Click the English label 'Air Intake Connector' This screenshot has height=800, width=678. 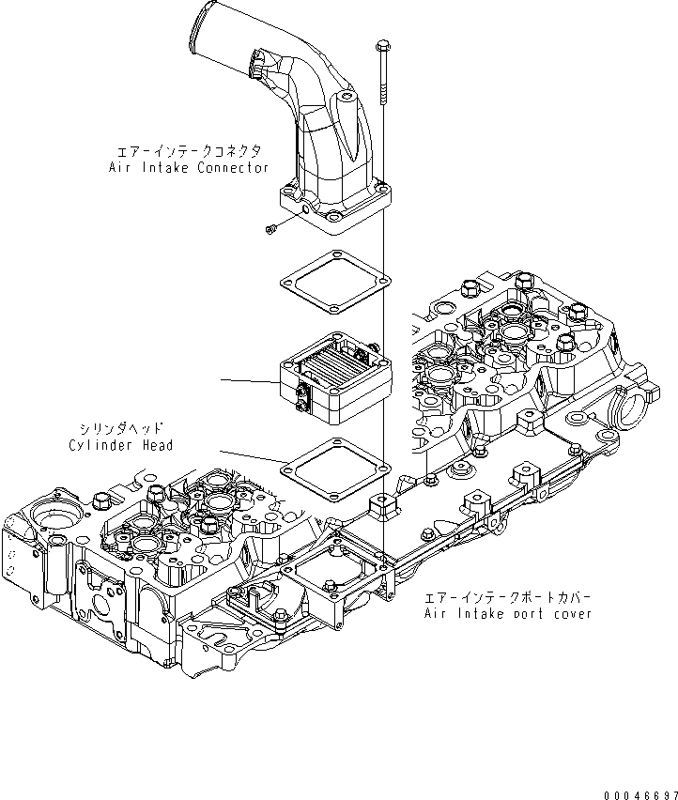pos(188,167)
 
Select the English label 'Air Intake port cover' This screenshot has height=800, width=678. pos(507,613)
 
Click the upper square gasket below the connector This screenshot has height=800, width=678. pos(334,285)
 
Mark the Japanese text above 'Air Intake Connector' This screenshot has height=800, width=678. pos(188,151)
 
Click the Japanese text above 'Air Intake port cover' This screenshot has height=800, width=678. pos(508,597)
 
